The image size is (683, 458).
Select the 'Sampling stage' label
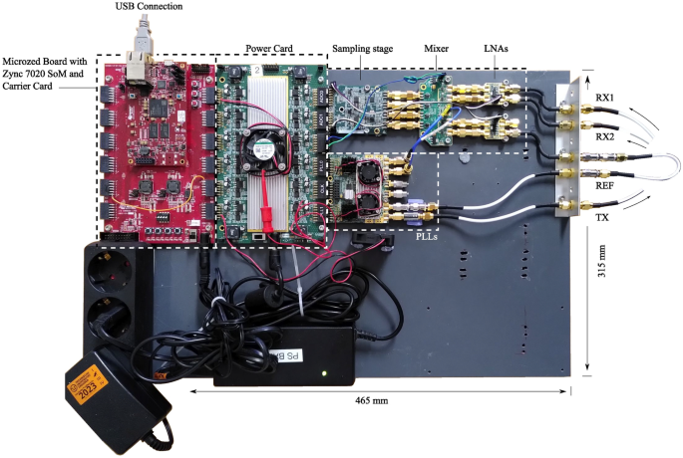pyautogui.click(x=364, y=47)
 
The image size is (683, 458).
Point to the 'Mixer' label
pyautogui.click(x=435, y=47)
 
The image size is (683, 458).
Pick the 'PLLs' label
pyautogui.click(x=430, y=236)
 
